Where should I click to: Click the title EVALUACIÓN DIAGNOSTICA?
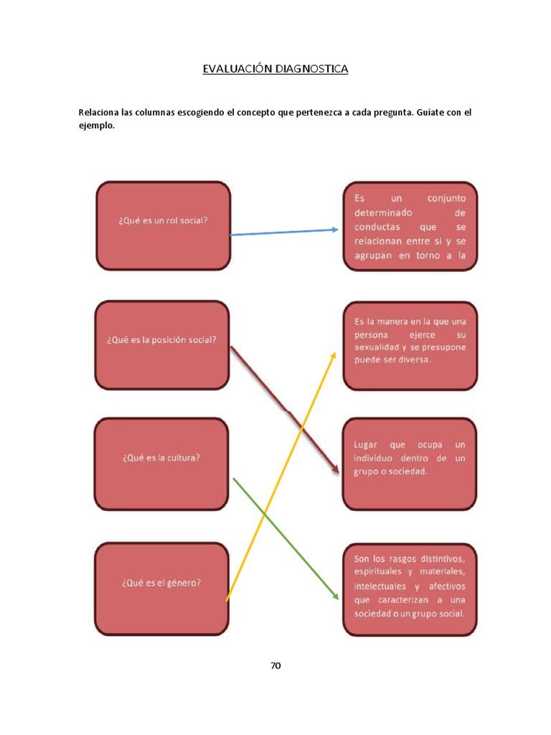(275, 69)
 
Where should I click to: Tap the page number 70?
(275, 665)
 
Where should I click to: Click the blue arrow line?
(283, 232)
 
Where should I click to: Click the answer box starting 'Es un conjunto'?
(410, 226)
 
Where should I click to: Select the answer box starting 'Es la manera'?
(410, 347)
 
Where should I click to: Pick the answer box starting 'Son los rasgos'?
(410, 589)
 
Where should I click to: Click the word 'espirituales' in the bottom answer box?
(379, 571)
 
